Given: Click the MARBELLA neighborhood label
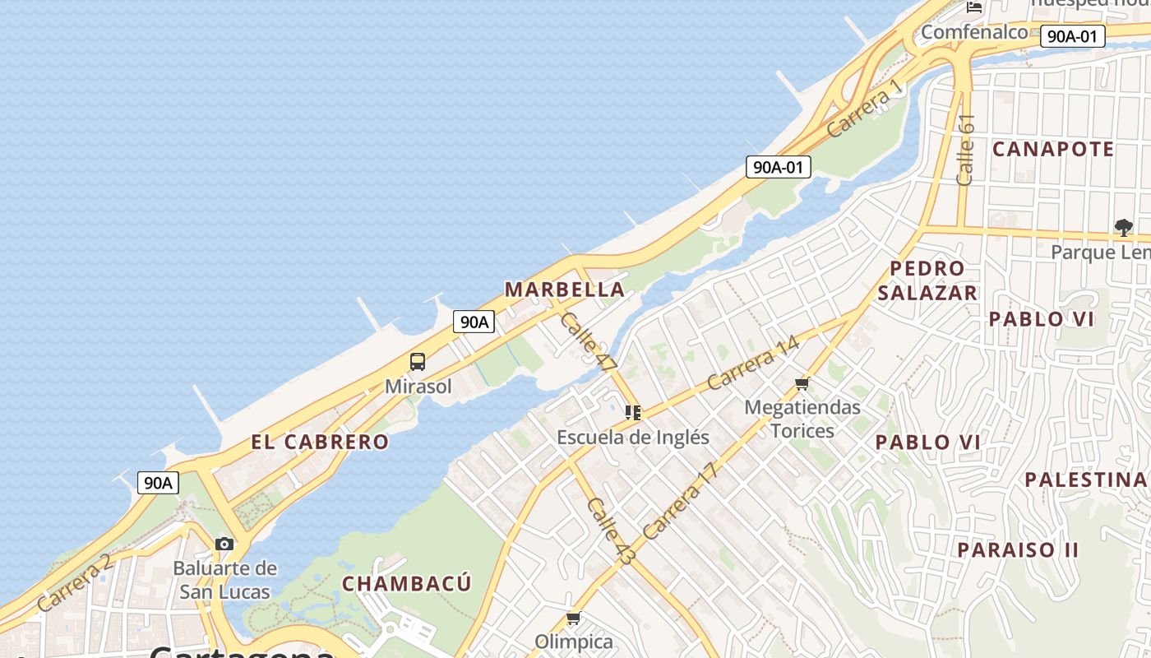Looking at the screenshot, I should pyautogui.click(x=564, y=290).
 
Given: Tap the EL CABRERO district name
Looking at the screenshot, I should pyautogui.click(x=320, y=442).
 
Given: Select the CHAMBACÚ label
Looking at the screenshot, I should pyautogui.click(x=407, y=584).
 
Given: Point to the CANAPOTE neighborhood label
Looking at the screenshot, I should pyautogui.click(x=1052, y=149).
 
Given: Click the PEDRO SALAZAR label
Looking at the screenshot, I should pyautogui.click(x=927, y=280).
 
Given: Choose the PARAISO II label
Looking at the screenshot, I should pyautogui.click(x=1017, y=549).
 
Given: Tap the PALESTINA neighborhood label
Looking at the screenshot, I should pyautogui.click(x=1085, y=480).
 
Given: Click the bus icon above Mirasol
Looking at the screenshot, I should pyautogui.click(x=418, y=362).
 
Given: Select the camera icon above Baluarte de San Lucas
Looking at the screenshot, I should pyautogui.click(x=224, y=544).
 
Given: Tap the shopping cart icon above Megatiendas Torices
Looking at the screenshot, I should pyautogui.click(x=802, y=383).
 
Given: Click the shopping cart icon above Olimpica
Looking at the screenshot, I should pyautogui.click(x=573, y=618).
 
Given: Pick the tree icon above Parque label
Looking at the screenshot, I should pyautogui.click(x=1123, y=227).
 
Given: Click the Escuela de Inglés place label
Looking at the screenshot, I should pyautogui.click(x=633, y=437).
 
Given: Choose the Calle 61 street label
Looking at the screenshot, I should pyautogui.click(x=966, y=149).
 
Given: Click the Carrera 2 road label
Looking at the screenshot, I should pyautogui.click(x=74, y=582).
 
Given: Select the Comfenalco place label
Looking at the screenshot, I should pyautogui.click(x=974, y=32).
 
